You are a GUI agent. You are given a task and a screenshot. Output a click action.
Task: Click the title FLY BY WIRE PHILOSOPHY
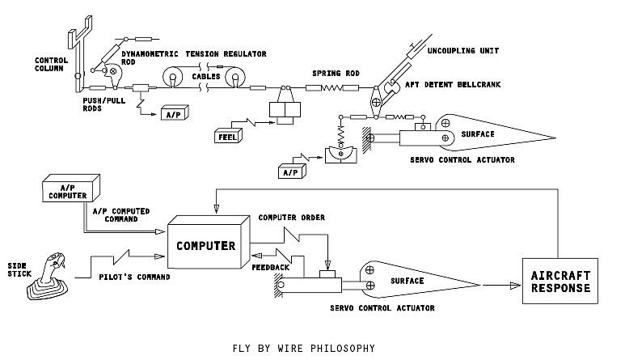303,349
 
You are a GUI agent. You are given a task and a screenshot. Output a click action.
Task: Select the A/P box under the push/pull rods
173,115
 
